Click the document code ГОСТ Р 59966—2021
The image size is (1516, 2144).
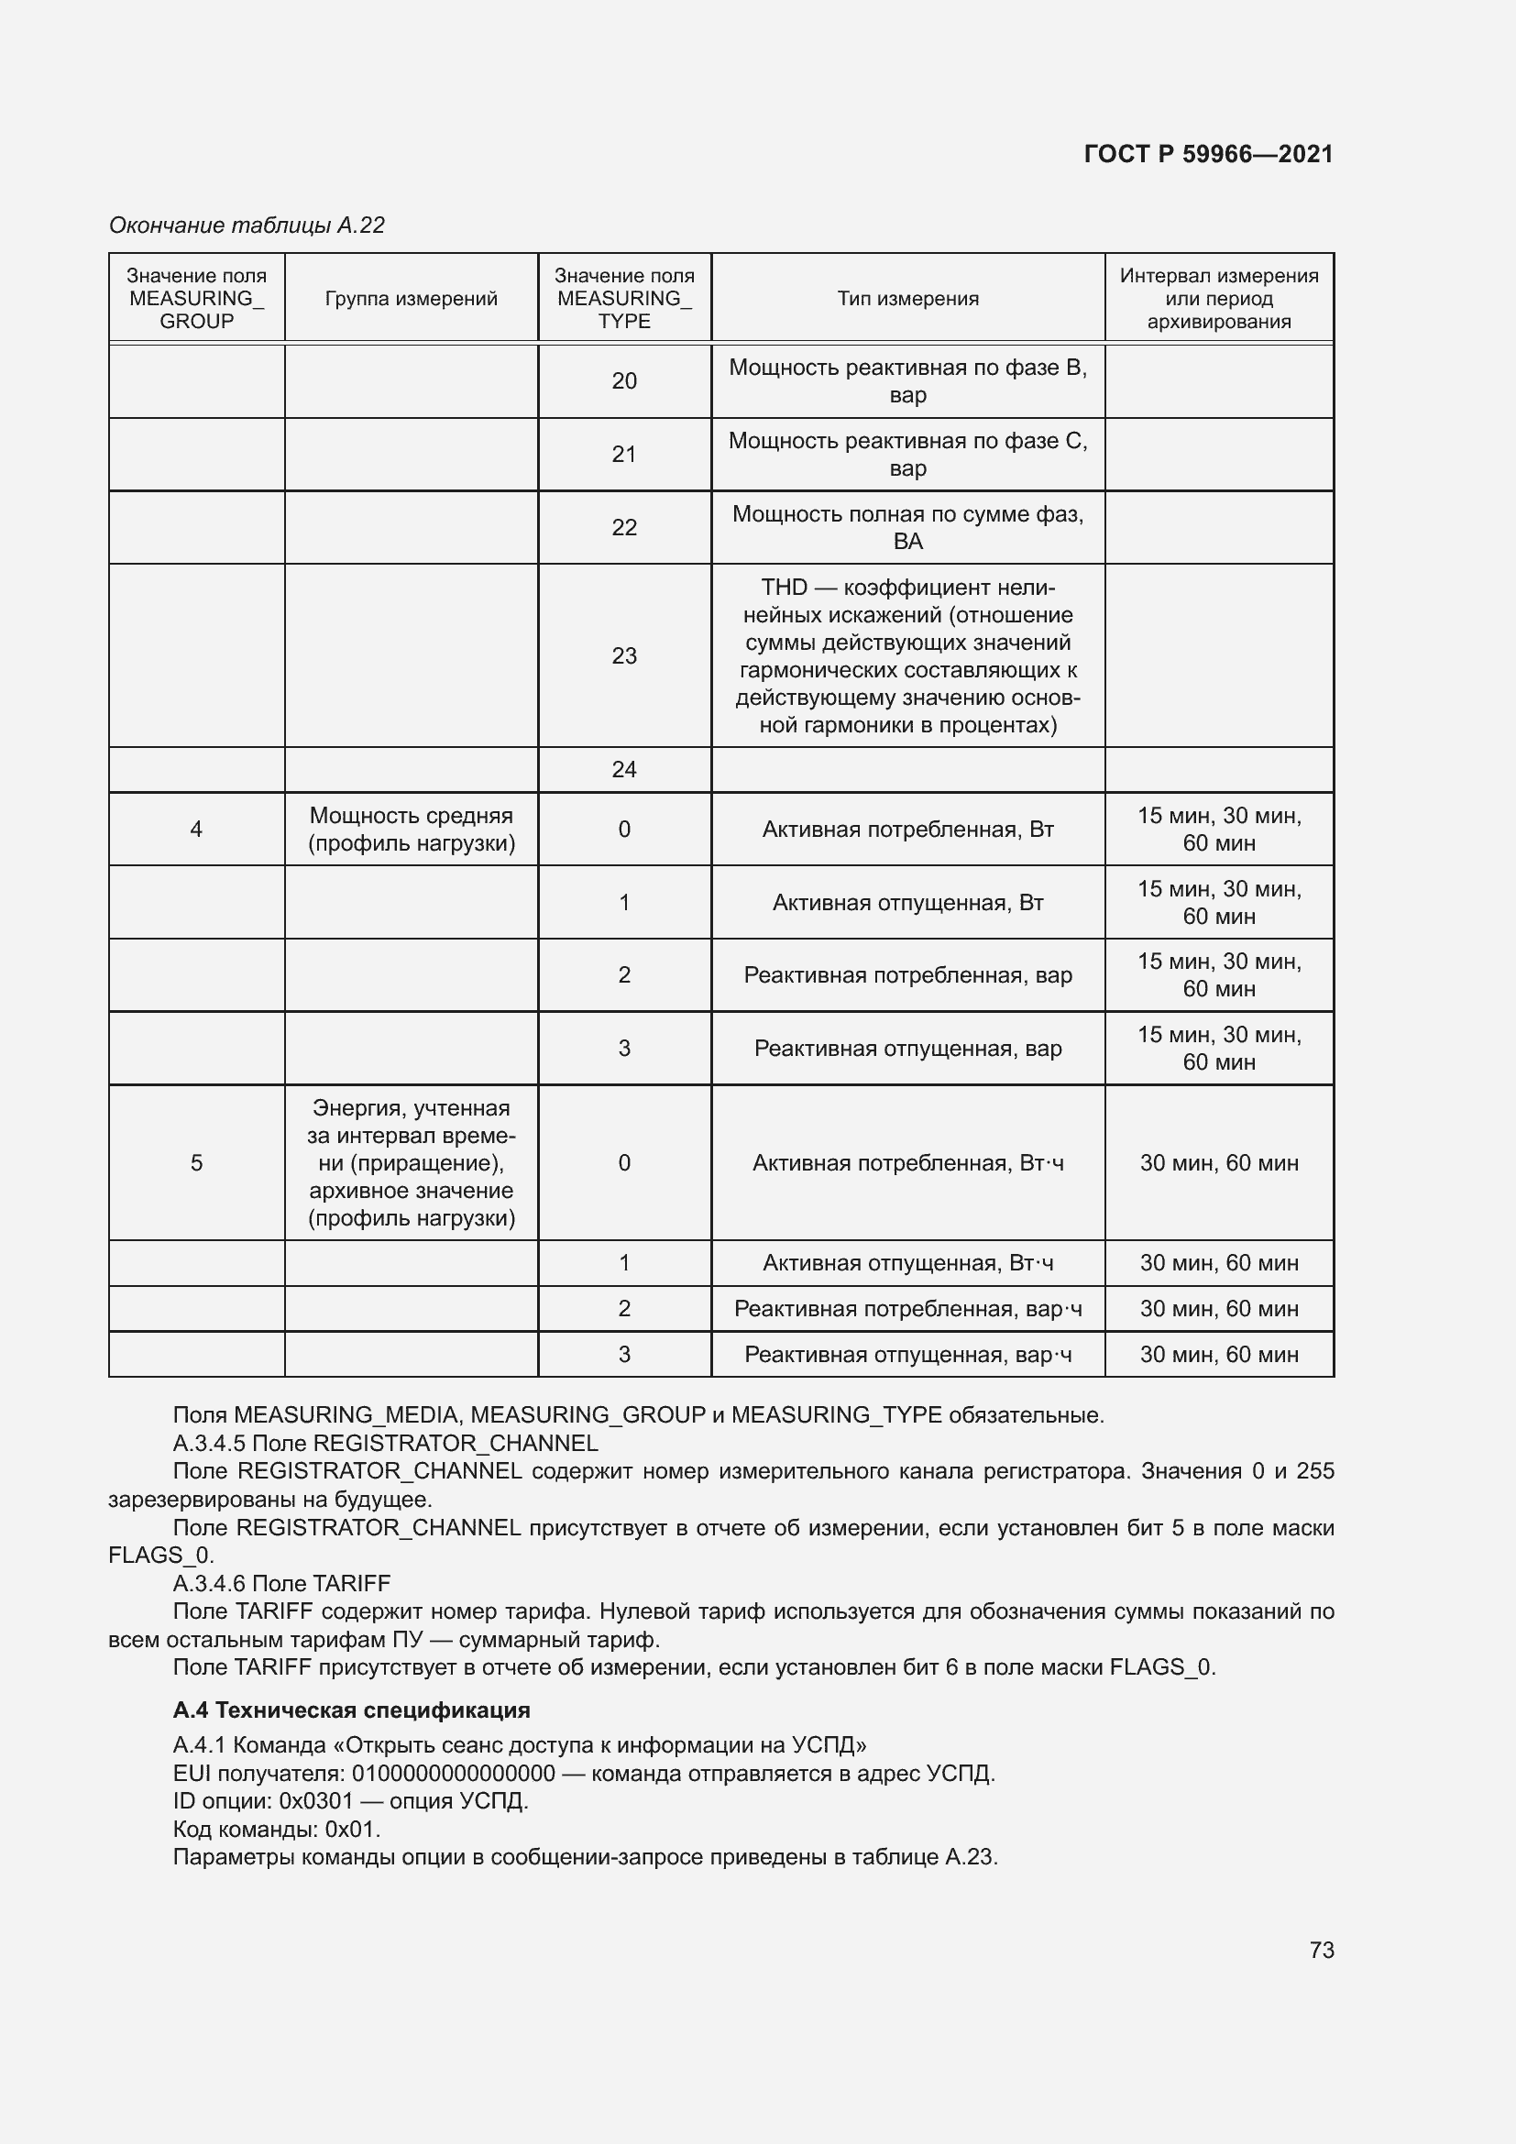click(1208, 154)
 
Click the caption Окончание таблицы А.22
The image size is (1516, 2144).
click(247, 225)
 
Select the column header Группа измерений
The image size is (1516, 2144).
click(411, 299)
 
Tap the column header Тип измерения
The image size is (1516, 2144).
click(907, 299)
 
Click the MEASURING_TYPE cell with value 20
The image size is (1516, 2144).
click(623, 381)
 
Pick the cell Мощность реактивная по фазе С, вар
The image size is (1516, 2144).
click(907, 454)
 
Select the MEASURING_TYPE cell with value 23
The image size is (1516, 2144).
click(623, 655)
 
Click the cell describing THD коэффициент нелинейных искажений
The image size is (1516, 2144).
click(907, 655)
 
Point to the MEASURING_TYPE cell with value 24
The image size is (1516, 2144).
click(623, 769)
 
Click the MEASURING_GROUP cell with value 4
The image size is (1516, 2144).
click(196, 830)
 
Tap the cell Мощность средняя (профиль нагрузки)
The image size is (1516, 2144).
click(411, 830)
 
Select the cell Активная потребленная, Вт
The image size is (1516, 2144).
click(907, 830)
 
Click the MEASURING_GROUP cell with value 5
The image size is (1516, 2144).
click(196, 1162)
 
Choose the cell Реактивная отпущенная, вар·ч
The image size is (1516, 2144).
click(907, 1354)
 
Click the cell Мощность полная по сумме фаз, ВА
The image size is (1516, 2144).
click(907, 528)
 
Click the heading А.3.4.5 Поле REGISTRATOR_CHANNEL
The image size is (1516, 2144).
click(385, 1443)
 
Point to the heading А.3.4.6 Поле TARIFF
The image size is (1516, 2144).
click(281, 1583)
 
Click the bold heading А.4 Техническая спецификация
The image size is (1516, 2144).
click(351, 1710)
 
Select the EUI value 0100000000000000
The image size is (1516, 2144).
click(453, 1774)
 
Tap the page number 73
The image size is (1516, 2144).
click(1321, 1950)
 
